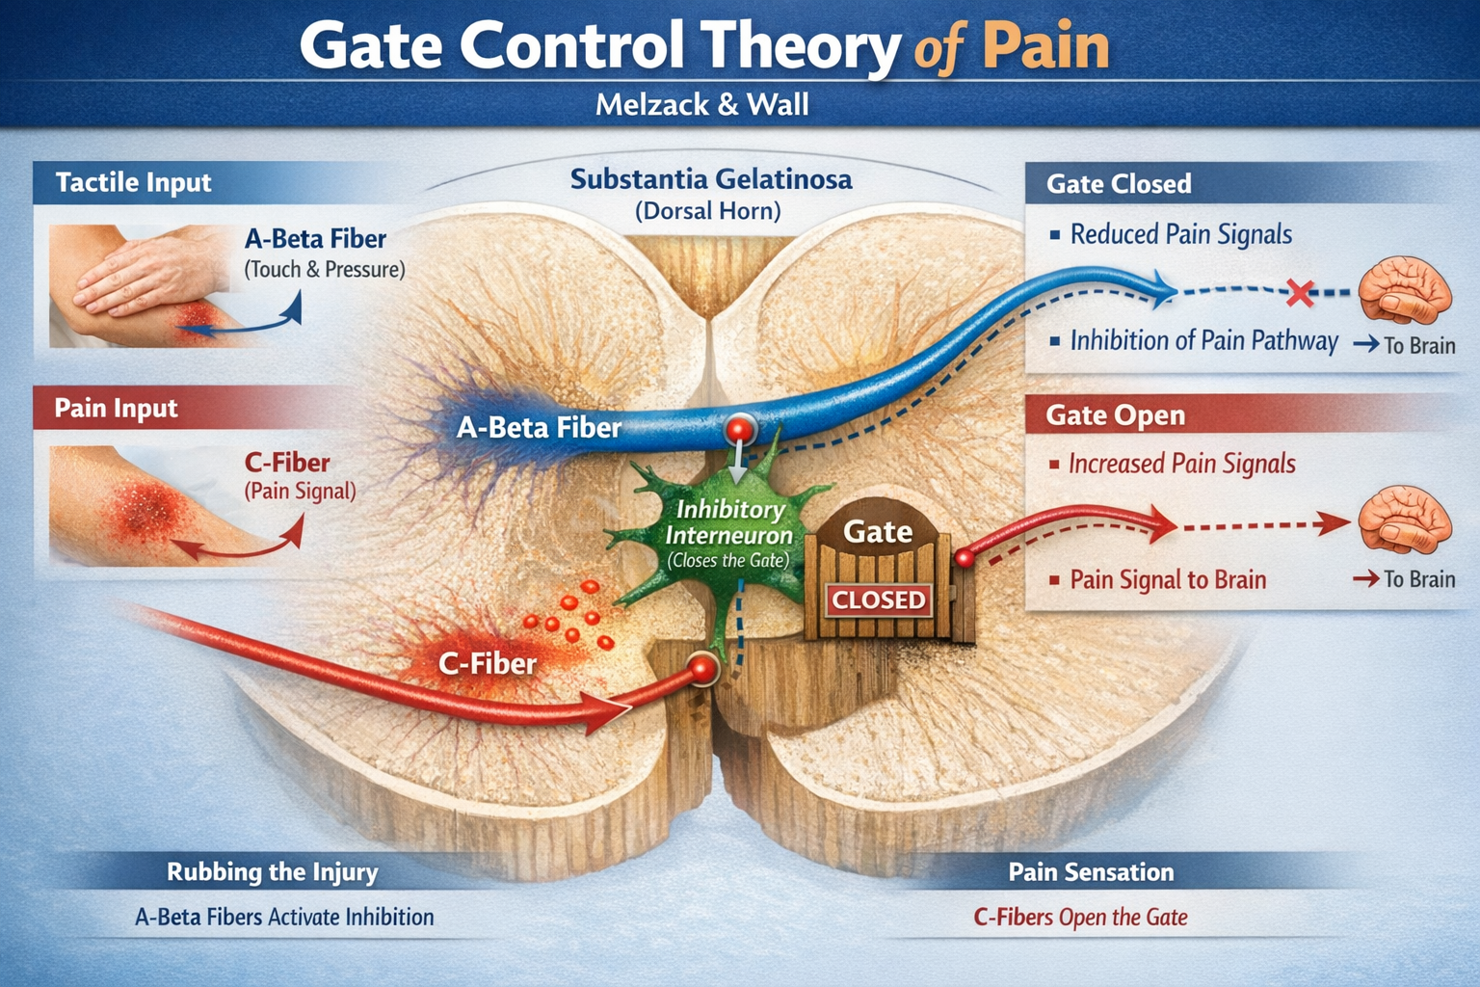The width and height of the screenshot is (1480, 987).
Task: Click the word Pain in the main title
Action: click(x=1045, y=47)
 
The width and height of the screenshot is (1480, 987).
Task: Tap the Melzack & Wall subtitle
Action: click(x=701, y=104)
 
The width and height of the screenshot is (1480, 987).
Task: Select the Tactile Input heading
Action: click(x=133, y=182)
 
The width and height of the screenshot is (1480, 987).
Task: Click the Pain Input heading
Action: click(x=116, y=408)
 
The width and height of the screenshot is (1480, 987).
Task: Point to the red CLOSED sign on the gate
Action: click(x=878, y=600)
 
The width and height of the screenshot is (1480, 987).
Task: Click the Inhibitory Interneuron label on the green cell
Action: click(x=728, y=522)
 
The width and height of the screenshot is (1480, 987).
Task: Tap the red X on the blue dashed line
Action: click(x=1300, y=292)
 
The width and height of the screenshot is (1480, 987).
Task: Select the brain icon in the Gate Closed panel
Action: click(x=1404, y=289)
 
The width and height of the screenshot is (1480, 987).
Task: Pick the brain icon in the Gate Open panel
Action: click(x=1404, y=520)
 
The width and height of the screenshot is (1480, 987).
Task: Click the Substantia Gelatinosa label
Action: click(x=710, y=179)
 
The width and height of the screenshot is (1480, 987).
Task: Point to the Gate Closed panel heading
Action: click(x=1118, y=183)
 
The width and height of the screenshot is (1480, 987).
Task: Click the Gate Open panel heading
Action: click(x=1115, y=415)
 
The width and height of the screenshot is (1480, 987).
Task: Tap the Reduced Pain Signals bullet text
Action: click(x=1180, y=234)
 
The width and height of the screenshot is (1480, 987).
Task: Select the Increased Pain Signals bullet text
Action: click(x=1181, y=464)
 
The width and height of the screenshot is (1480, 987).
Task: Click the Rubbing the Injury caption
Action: click(x=273, y=872)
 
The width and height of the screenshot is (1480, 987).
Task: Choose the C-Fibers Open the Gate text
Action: click(x=1080, y=917)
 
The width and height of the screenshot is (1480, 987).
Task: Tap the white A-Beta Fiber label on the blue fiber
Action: click(x=539, y=427)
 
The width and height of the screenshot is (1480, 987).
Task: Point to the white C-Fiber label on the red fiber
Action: click(x=487, y=663)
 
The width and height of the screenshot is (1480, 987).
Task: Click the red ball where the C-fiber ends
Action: click(x=703, y=668)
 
